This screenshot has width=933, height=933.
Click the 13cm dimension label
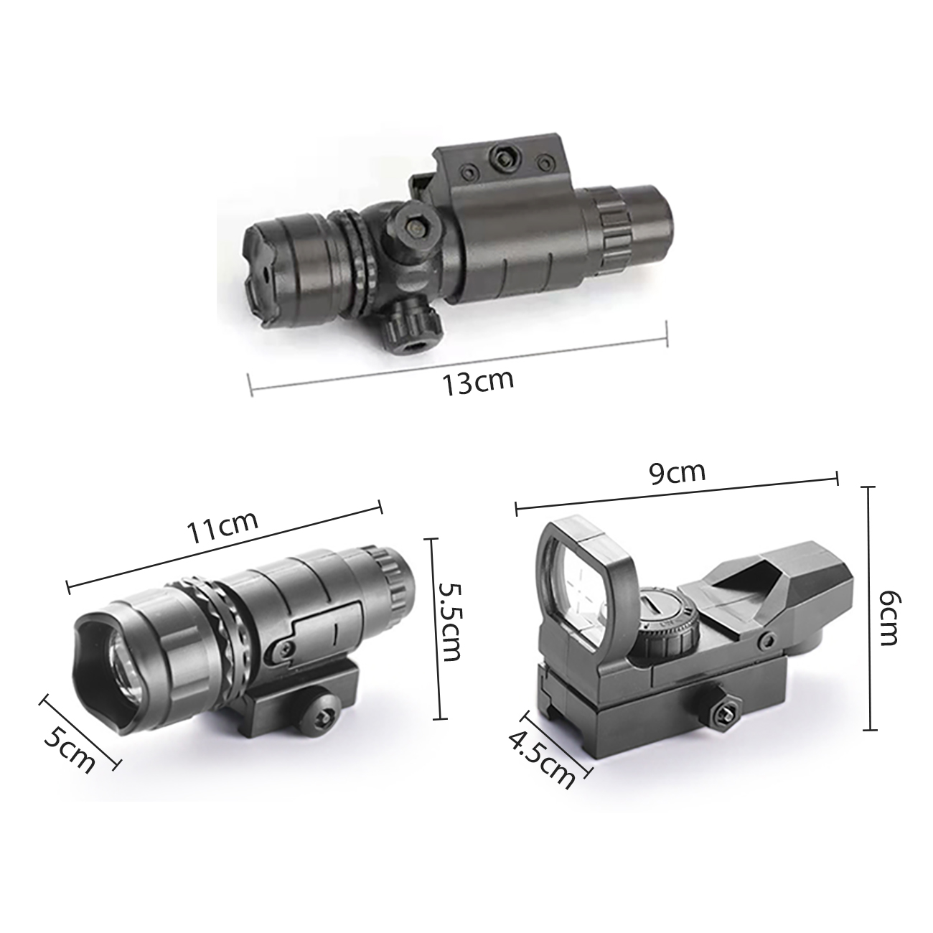(478, 383)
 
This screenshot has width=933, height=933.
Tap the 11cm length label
(223, 529)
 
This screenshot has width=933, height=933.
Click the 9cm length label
(677, 472)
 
